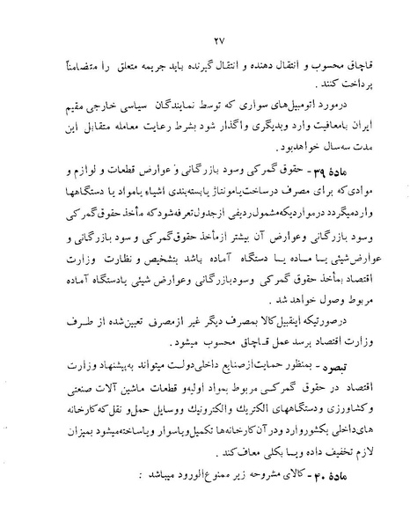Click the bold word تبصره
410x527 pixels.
[341, 362]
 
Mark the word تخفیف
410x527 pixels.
[323, 457]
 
